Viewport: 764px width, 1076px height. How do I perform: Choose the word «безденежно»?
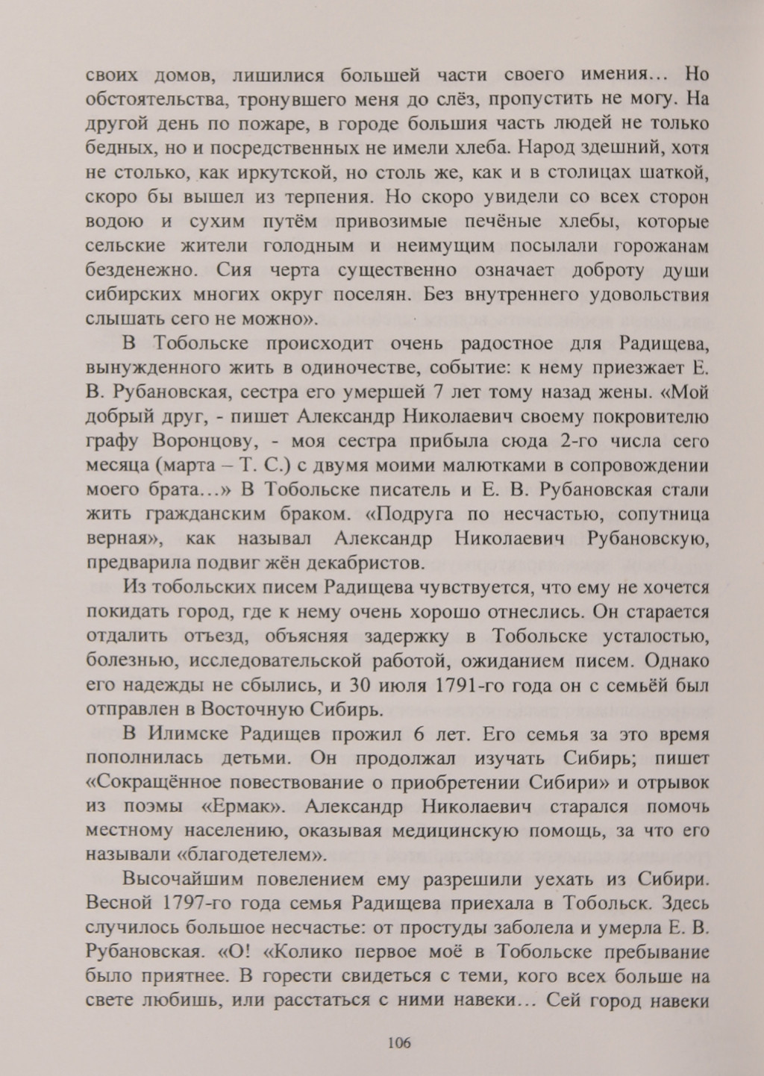143,270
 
